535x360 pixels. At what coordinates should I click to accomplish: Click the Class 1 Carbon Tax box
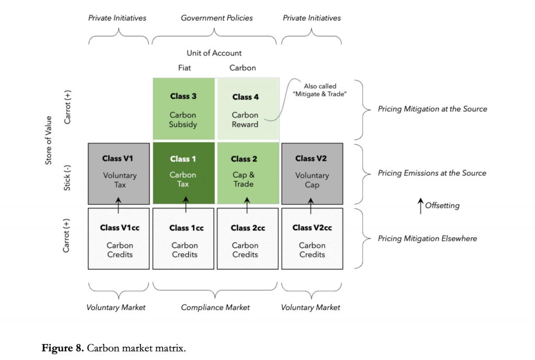click(183, 173)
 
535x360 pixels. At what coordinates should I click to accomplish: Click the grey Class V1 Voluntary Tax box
click(119, 173)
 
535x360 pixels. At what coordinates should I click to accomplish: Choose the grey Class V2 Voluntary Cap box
click(311, 173)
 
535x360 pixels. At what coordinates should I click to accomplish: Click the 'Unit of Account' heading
click(214, 53)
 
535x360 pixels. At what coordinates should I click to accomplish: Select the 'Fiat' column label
click(184, 68)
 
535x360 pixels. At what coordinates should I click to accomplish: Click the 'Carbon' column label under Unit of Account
click(243, 68)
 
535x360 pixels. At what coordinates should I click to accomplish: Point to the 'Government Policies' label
click(216, 18)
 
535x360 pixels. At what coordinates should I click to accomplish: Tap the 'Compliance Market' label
click(215, 308)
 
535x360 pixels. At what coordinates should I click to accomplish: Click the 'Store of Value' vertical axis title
click(49, 141)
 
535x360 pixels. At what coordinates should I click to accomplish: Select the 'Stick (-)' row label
click(67, 173)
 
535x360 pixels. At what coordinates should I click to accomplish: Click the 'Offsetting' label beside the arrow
click(442, 206)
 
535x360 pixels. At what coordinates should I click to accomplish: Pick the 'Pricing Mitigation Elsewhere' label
click(427, 239)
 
